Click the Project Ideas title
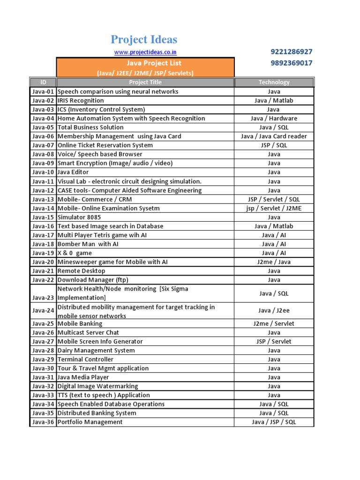(x=144, y=39)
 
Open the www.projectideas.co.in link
(x=145, y=52)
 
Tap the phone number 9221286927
(x=291, y=52)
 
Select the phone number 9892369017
(x=291, y=63)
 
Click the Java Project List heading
(x=145, y=63)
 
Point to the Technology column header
(x=274, y=82)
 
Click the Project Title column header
(x=145, y=82)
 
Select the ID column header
(x=43, y=82)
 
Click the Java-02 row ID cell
(x=43, y=100)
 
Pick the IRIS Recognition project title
(x=81, y=100)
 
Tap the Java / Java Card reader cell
(x=274, y=136)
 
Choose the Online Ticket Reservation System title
(x=105, y=145)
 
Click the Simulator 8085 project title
(x=79, y=217)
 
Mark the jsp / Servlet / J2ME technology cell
(x=274, y=208)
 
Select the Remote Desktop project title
(x=82, y=271)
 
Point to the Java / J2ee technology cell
(x=274, y=310)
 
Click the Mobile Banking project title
(x=80, y=323)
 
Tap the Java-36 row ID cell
(x=43, y=422)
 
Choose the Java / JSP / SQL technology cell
(x=274, y=422)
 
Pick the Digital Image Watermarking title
(x=97, y=386)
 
